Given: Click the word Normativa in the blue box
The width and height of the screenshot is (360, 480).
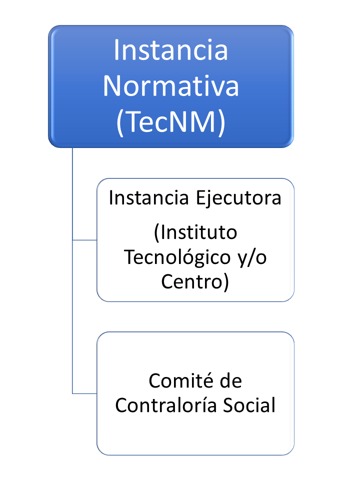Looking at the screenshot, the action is click(x=171, y=85).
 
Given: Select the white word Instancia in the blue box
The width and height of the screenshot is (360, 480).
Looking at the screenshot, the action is click(x=171, y=50).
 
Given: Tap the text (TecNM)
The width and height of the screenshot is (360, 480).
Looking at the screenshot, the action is click(x=171, y=122).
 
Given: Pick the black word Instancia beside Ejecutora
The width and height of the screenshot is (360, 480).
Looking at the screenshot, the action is click(x=149, y=197).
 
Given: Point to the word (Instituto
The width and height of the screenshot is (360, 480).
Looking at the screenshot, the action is click(x=195, y=232).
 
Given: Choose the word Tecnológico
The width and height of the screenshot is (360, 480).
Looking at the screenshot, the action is click(x=177, y=257).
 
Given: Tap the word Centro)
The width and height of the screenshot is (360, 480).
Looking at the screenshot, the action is click(x=195, y=282).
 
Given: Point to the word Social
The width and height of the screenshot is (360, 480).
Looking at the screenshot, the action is click(x=249, y=405).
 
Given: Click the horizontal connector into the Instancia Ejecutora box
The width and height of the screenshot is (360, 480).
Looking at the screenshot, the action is click(x=84, y=240).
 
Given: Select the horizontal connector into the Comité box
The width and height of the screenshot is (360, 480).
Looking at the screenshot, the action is click(x=84, y=393).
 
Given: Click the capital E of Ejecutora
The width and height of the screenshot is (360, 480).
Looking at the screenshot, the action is click(x=200, y=198).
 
